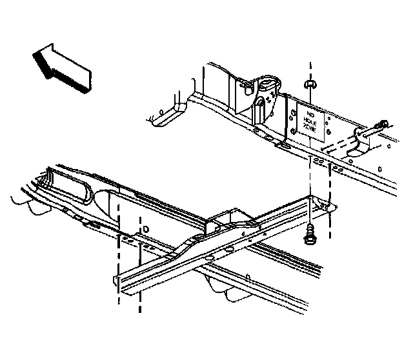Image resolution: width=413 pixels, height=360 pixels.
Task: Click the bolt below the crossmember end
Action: (x=310, y=236)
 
